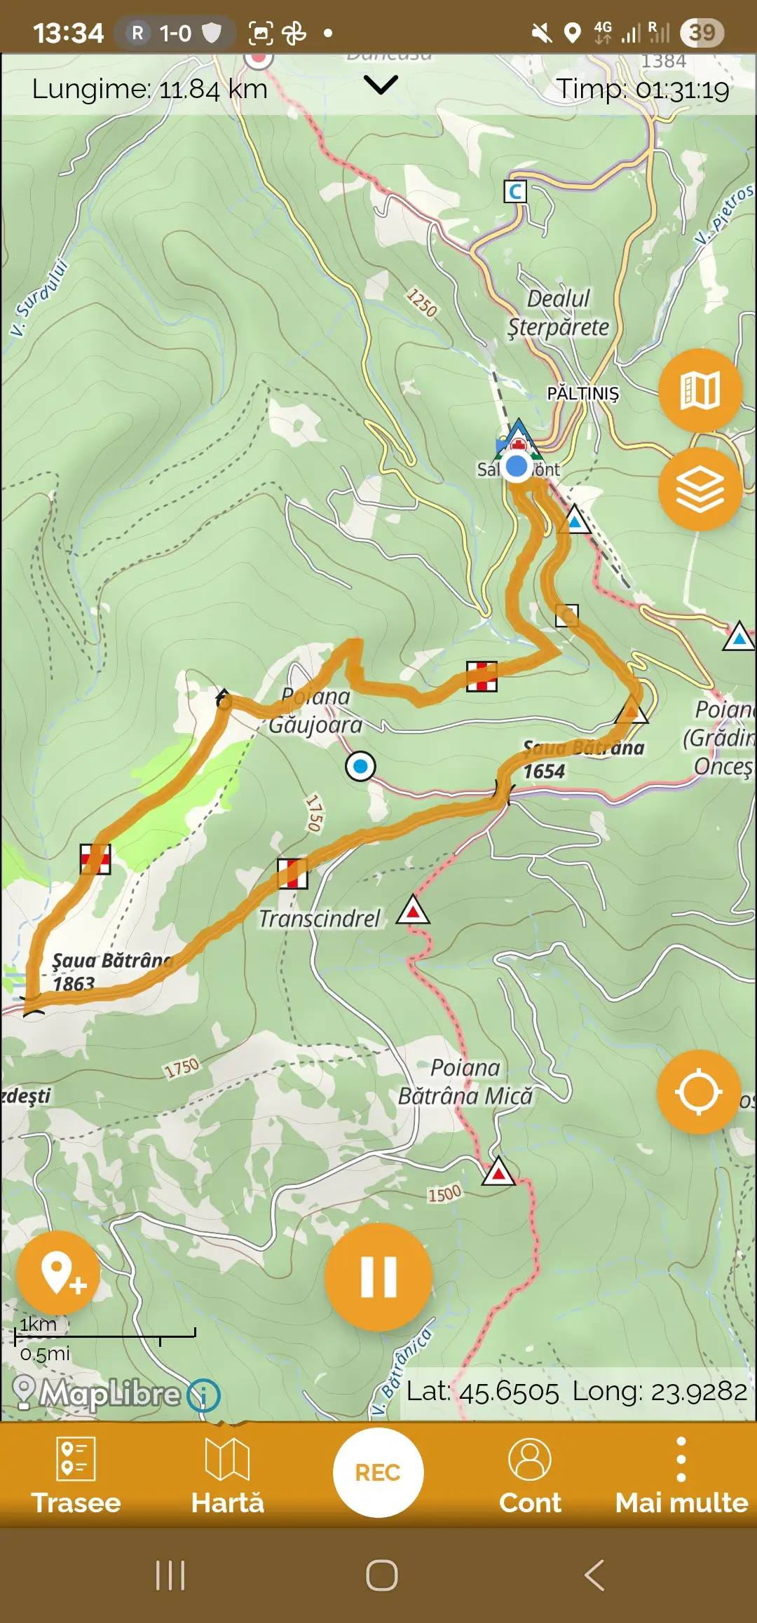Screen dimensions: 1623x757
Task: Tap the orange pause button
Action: (x=378, y=1276)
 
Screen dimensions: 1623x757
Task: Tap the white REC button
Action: (x=378, y=1472)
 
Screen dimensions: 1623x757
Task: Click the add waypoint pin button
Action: (x=59, y=1273)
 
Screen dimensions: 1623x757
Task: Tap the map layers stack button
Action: (x=700, y=489)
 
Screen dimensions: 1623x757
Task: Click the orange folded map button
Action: (x=700, y=390)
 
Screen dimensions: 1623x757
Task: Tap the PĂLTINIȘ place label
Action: (x=583, y=393)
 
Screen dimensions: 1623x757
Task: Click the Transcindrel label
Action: (x=320, y=919)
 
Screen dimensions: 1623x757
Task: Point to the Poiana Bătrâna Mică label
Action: (x=465, y=1082)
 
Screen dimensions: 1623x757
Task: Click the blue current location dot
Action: (x=517, y=466)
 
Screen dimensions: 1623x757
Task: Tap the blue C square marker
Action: (x=515, y=191)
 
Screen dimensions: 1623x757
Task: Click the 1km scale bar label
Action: (x=38, y=1324)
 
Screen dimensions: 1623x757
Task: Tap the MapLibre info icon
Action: (x=203, y=1395)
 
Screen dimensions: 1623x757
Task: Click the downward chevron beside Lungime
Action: (x=381, y=85)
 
